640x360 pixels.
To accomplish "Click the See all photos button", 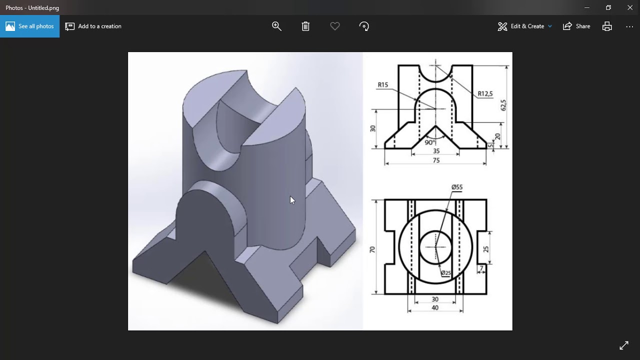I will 29,26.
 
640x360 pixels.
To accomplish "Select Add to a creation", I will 93,26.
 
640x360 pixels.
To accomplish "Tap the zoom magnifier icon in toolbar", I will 276,26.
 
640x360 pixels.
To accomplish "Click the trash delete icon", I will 305,26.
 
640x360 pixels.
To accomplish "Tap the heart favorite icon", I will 335,26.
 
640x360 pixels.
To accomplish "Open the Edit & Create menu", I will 525,26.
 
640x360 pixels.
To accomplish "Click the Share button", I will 576,26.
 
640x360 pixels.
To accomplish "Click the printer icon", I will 607,26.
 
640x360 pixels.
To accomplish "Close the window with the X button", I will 630,7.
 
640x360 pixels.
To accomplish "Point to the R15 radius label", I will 383,84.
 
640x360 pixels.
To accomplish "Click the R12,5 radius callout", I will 484,93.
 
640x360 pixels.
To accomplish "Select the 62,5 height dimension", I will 503,105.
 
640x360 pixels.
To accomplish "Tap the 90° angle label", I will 429,142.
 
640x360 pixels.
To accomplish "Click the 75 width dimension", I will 436,160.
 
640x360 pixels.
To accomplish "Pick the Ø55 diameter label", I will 457,187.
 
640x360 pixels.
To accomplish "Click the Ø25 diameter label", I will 445,273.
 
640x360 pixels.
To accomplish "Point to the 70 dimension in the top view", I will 372,249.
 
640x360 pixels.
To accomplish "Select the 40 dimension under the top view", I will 434,308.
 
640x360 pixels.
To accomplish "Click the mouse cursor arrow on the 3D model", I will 292,200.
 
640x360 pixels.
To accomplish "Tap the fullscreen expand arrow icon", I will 624,345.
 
